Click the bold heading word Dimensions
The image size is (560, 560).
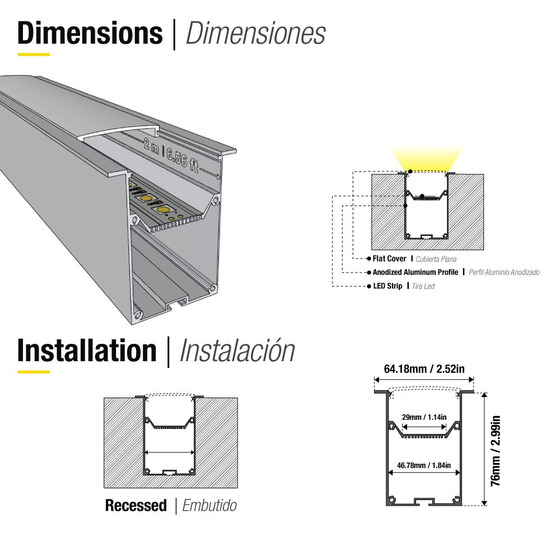(90, 34)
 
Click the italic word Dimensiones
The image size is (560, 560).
(255, 34)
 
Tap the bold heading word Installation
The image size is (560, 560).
(87, 351)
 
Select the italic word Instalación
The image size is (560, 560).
(237, 351)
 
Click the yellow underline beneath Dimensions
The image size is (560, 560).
(34, 54)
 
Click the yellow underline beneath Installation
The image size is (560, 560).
(34, 371)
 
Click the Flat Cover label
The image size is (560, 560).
(390, 259)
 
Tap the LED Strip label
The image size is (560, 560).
(388, 286)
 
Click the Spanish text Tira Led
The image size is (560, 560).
(423, 286)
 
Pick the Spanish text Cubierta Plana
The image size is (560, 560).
(436, 259)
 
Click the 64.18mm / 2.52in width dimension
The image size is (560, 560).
(424, 368)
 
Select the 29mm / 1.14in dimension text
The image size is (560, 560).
(424, 417)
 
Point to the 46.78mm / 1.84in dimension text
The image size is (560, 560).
(424, 465)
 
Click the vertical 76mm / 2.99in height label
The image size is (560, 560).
(495, 451)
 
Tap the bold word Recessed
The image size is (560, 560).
(136, 506)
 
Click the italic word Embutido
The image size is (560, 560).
(209, 506)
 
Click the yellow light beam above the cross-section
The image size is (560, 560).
(428, 157)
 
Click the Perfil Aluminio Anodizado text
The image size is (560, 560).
(504, 273)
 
